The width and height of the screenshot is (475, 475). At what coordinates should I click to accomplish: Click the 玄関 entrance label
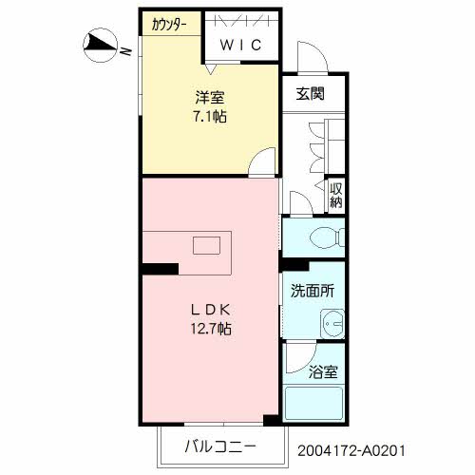tap(310, 93)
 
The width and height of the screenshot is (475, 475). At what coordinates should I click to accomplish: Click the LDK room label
tap(212, 310)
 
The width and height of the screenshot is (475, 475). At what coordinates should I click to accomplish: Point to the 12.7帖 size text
tap(212, 330)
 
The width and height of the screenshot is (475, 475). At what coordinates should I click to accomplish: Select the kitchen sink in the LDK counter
tap(206, 246)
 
